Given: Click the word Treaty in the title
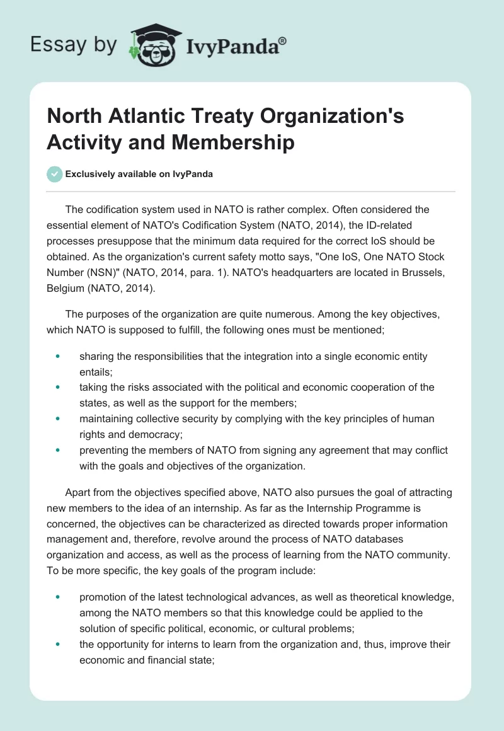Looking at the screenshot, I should pos(209,117).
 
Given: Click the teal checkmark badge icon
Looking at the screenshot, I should pos(55,174).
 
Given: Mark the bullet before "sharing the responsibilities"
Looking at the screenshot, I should pos(58,357).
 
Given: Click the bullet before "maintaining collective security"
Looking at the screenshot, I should pos(58,419).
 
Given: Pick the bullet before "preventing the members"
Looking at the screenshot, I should pos(58,451).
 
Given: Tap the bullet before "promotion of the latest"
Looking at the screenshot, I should pos(58,597).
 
